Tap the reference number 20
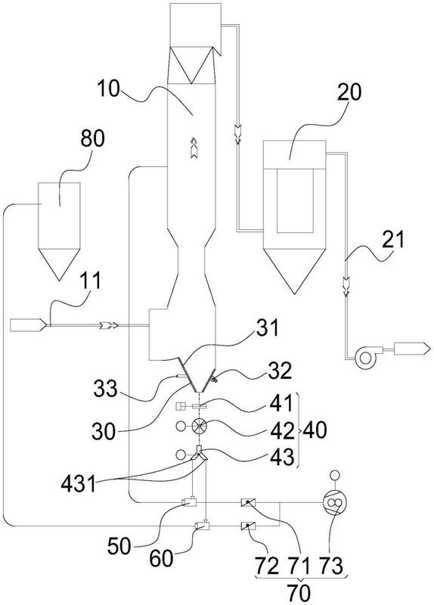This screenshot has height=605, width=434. pos(349,92)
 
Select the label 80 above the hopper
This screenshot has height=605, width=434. pos(92,138)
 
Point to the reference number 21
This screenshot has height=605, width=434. pos(393,239)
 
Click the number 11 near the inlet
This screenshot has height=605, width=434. pos(91,281)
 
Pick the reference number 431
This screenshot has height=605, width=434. pos(79,483)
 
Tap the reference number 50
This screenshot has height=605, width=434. pos(119,546)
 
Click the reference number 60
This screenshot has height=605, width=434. pos(161,558)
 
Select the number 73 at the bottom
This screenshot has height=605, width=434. pos(330,566)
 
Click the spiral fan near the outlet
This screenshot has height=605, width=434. pos(364,358)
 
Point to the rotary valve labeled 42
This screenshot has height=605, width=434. pos(199,426)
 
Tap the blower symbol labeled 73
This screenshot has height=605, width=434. pos(333,502)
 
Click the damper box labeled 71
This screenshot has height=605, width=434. pos(249,502)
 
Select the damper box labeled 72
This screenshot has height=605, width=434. pos(249,526)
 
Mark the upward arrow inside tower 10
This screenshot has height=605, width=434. pos(194,147)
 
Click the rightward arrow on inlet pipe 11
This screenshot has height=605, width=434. pos(109,326)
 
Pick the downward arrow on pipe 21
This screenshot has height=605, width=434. pos(346,287)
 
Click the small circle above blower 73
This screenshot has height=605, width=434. pos(333,474)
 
